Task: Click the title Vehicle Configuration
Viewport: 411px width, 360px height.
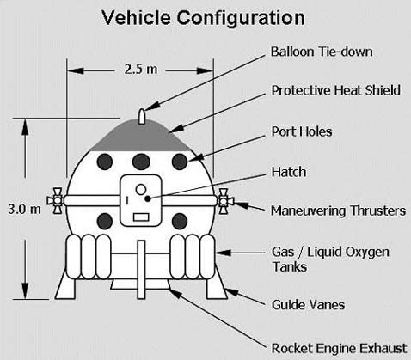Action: coord(203,18)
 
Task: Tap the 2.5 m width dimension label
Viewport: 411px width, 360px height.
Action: coord(141,70)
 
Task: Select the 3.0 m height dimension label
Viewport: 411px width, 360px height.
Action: coord(24,209)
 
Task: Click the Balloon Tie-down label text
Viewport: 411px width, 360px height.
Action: coord(322,52)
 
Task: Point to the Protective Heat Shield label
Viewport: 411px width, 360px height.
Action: coord(336,90)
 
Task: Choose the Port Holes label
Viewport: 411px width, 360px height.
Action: coord(302,131)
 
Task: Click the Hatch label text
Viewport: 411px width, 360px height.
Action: coord(289,172)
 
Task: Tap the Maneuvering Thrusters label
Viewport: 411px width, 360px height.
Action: coord(339,211)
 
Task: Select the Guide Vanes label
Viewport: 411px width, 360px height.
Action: coord(308,304)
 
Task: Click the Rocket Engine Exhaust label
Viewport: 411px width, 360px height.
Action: coord(339,349)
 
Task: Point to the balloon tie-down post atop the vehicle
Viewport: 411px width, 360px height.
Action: coord(142,117)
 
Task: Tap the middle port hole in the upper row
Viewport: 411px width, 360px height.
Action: coord(141,162)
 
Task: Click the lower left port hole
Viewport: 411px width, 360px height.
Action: coord(105,222)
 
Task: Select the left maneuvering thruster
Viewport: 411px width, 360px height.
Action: coord(56,201)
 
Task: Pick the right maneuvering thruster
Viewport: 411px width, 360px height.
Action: coord(225,201)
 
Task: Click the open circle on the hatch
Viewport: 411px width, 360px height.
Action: coord(141,189)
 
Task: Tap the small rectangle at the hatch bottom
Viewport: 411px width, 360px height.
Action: coord(141,217)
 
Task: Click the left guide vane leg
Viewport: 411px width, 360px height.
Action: coord(66,285)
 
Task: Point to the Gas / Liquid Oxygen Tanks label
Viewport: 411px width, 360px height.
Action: coord(330,259)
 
